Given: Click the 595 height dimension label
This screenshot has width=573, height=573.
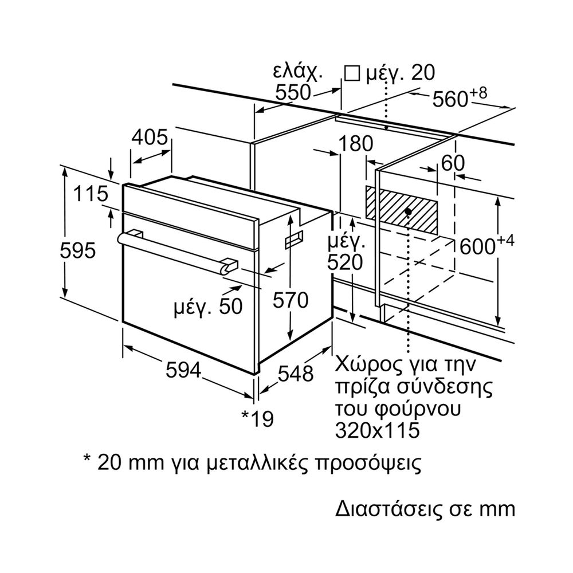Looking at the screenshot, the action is point(77,251).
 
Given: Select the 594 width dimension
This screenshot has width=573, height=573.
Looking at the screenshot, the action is point(183,370).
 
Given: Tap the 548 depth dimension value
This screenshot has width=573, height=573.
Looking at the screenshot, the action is point(296,374).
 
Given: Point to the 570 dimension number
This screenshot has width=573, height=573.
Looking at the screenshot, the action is point(291,300).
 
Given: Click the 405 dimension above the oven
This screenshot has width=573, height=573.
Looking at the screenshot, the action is point(150,138).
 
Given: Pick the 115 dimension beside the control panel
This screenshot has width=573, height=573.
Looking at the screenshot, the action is point(91,193).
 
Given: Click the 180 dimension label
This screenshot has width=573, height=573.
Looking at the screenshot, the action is point(356,143).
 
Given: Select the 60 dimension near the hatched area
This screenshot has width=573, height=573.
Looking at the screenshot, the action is point(453,163).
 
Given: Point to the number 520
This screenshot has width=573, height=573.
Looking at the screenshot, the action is point(345,262).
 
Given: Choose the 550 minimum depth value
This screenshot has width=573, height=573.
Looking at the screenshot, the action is point(292,92).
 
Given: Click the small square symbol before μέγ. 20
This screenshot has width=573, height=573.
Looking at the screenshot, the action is point(352,73).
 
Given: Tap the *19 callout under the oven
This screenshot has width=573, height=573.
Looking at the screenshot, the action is point(258,418).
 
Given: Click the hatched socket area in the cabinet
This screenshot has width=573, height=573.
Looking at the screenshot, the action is point(402,210).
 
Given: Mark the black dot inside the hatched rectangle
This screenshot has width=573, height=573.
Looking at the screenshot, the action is point(408,211).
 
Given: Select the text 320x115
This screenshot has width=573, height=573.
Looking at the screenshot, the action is point(377,430).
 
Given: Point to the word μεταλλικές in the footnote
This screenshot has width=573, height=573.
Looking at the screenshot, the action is point(252,462).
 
